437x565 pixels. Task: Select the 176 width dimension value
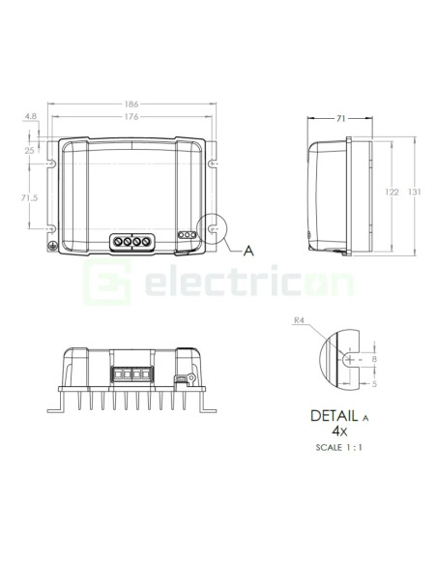[x=131, y=116]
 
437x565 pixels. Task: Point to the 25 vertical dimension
[x=30, y=150]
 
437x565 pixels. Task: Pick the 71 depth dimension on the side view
[x=340, y=117]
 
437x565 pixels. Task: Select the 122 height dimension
[x=392, y=193]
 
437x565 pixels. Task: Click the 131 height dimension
[x=414, y=193]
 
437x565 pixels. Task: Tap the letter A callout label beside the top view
[x=248, y=252]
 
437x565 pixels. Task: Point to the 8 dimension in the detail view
[x=374, y=359]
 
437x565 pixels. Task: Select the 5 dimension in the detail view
[x=374, y=383]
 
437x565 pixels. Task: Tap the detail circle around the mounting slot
[x=209, y=229]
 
